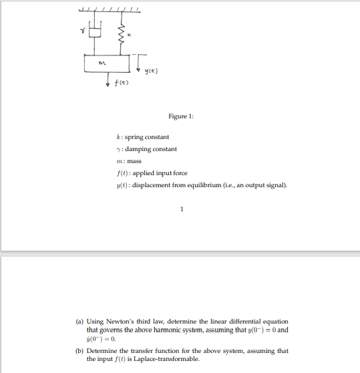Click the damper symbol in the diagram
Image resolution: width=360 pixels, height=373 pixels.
point(95,31)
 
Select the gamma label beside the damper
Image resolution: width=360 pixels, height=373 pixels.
point(83,30)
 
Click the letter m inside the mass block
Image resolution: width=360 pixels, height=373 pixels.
point(100,64)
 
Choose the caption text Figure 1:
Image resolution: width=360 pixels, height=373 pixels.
point(180,116)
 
